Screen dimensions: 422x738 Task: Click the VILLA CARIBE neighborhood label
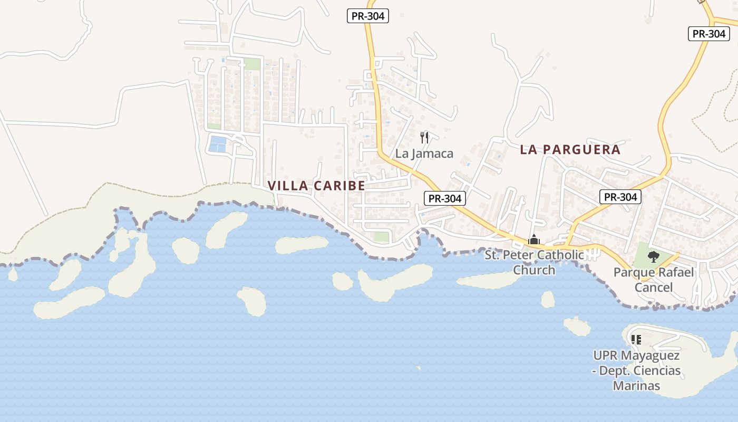316,186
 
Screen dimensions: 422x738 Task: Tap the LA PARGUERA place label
570,150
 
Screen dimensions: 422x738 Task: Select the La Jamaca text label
424,154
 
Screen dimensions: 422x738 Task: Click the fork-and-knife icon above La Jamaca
424,138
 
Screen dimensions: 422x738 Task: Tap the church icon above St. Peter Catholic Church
534,240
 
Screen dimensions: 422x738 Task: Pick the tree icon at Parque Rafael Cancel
653,257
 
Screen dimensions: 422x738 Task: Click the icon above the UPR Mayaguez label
636,340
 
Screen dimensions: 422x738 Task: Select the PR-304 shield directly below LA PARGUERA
620,197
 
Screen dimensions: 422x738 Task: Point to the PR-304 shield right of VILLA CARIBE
445,198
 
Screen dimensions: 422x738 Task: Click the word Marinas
636,386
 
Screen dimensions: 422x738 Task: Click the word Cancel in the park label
654,287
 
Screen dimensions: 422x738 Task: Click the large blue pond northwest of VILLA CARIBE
217,143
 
